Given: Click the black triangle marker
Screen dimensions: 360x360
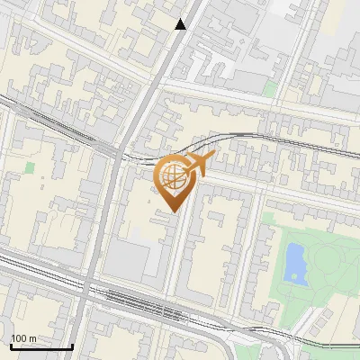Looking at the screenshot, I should tap(181, 24).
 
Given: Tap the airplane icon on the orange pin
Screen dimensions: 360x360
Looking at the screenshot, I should tap(199, 164).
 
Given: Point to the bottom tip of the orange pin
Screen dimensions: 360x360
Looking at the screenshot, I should tap(173, 212).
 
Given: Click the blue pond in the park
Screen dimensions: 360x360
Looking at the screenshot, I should tap(294, 262).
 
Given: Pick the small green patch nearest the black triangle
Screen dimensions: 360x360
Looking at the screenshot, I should tap(270, 88).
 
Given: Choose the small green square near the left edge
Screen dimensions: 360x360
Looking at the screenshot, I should tap(29, 167).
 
